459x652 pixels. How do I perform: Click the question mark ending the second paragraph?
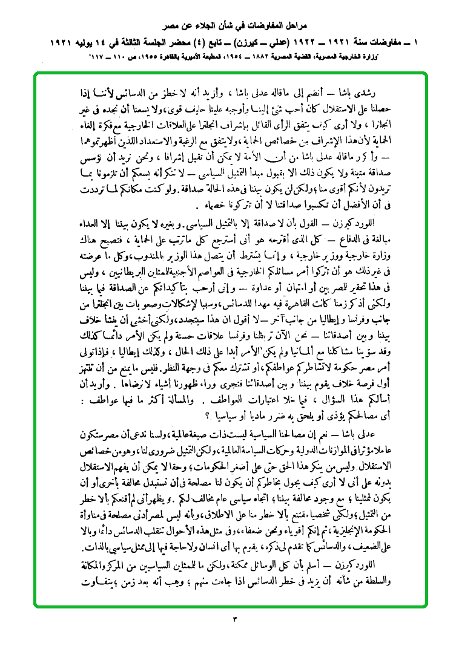[x=208, y=415]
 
